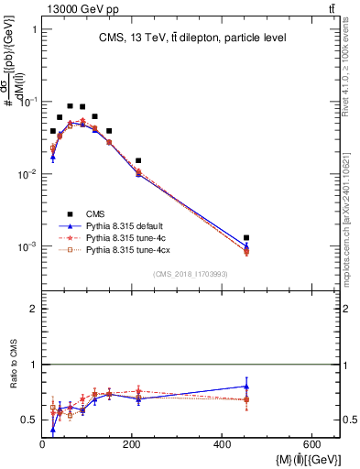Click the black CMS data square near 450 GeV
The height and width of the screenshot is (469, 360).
point(245,238)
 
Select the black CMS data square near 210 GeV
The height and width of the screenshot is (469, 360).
point(138,160)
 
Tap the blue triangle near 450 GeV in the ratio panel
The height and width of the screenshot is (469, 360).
point(245,386)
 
